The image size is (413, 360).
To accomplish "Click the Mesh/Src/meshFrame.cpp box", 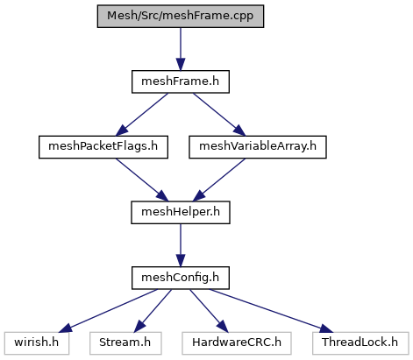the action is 181,16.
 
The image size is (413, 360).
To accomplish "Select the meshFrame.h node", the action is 181,81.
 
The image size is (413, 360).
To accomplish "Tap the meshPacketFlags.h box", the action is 103,147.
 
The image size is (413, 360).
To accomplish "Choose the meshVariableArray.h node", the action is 258,147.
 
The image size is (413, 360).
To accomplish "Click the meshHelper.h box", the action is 181,213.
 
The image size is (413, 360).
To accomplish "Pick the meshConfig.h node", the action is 181,278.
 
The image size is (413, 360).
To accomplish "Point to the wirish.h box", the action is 37,343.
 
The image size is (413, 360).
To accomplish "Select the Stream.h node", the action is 125,343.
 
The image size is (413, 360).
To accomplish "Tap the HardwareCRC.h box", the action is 237,343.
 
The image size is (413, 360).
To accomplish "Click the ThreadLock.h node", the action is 360,343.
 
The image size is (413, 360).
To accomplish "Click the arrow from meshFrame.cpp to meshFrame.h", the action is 181,49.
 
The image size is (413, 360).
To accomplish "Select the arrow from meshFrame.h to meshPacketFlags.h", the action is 142,115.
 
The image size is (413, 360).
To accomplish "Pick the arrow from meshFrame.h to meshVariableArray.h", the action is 219,115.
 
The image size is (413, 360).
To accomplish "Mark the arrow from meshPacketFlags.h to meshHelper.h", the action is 142,180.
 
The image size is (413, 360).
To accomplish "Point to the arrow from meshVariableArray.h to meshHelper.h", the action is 219,180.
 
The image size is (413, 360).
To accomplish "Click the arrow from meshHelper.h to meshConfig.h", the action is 181,245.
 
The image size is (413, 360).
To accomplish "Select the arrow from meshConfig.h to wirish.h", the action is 108,311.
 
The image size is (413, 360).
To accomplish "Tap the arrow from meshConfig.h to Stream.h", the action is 153,311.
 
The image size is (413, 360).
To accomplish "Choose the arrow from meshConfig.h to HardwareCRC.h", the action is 209,311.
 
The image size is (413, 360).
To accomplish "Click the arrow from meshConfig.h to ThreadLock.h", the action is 271,311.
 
